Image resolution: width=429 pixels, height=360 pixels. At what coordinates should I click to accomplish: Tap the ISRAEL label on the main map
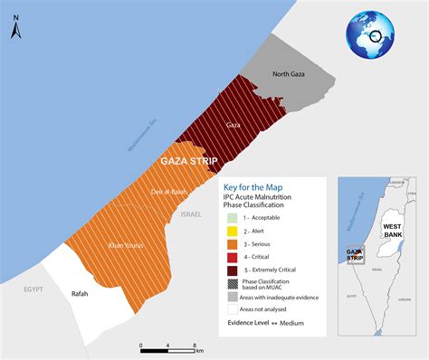click(x=191, y=214)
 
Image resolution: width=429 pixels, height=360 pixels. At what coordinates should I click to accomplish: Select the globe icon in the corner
click(x=372, y=34)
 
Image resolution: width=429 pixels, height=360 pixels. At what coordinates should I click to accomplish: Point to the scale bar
click(x=168, y=346)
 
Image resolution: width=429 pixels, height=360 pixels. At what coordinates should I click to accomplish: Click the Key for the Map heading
click(x=255, y=185)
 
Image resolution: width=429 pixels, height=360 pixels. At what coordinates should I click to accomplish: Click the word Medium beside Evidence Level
click(x=292, y=322)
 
